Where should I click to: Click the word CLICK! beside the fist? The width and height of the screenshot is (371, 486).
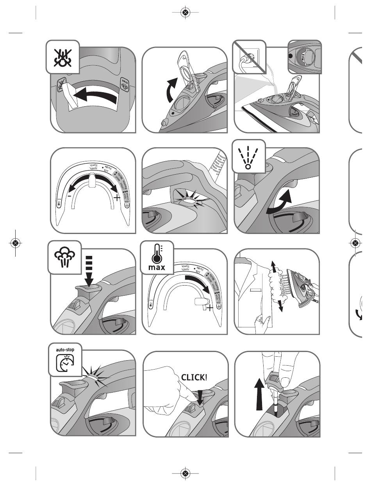tap(194, 377)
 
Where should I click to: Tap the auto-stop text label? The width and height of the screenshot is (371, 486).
tap(65, 350)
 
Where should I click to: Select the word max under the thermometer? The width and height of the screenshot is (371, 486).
tap(156, 268)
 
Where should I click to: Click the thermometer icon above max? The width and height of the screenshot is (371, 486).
tap(157, 254)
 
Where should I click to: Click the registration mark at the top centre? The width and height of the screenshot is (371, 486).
tap(185, 13)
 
